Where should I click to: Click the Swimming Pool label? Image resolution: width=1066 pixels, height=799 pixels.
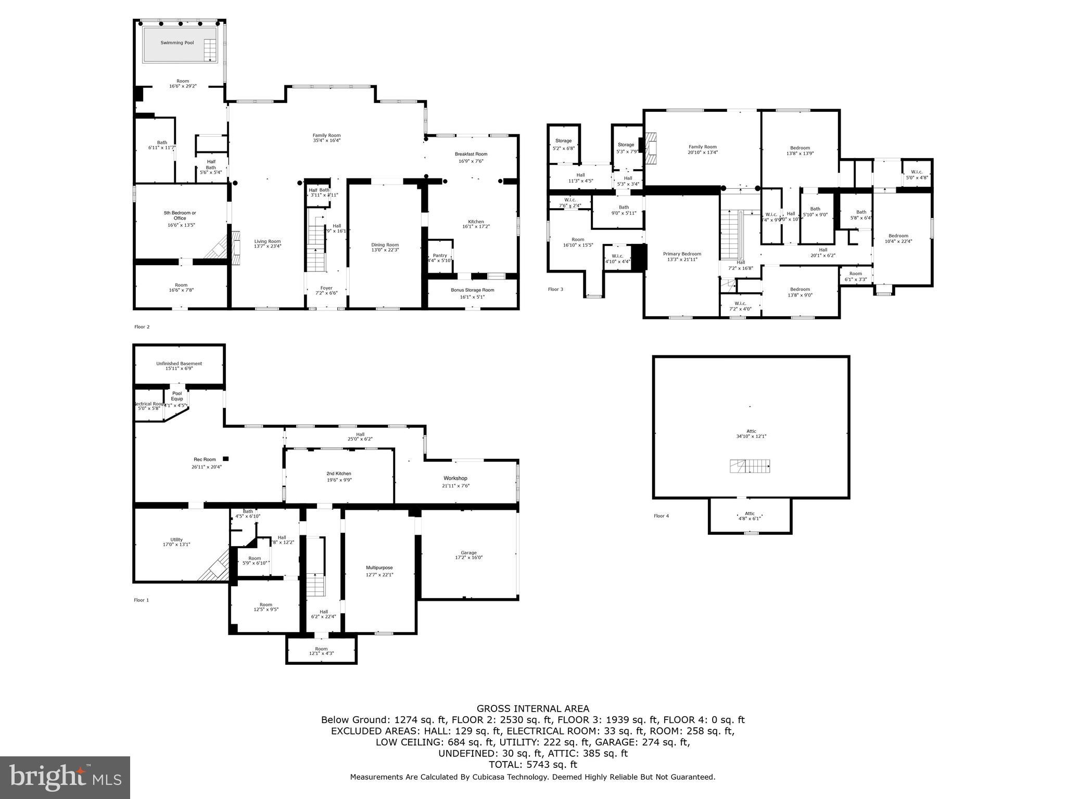[x=177, y=43]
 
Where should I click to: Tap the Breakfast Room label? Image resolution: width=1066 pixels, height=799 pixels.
[x=471, y=154]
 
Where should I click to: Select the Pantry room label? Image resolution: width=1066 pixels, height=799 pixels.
[x=440, y=255]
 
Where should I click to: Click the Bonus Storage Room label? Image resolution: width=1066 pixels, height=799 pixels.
[x=472, y=290]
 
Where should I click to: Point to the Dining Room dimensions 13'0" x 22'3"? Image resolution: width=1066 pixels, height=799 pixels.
[x=385, y=250]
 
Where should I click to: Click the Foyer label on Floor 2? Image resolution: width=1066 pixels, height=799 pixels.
[x=326, y=288]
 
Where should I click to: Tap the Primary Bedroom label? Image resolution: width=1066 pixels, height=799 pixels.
[x=682, y=254]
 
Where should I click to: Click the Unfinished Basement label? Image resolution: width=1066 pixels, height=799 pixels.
[x=179, y=364]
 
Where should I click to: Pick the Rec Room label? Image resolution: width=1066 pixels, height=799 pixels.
[x=205, y=459]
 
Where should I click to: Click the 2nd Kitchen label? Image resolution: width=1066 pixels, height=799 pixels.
[x=339, y=473]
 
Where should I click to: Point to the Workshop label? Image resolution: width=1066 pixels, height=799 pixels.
[x=455, y=478]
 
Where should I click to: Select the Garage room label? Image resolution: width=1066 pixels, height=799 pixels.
[x=468, y=553]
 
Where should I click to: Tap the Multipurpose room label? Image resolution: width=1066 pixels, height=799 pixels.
[x=379, y=568]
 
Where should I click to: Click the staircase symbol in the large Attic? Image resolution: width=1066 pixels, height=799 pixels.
[x=750, y=466]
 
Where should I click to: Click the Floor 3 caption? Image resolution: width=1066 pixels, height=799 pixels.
[x=555, y=289]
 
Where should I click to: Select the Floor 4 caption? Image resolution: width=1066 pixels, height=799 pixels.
[x=661, y=516]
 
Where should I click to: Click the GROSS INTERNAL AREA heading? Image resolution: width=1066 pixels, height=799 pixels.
[x=532, y=708]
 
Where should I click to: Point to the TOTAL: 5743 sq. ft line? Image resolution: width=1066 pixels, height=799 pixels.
[x=532, y=765]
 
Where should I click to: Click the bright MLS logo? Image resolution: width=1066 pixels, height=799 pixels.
[x=65, y=778]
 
